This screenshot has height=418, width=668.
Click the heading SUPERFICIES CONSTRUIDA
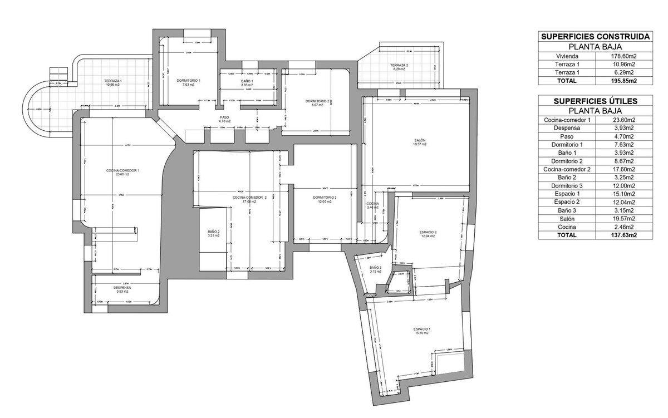pos(595,37)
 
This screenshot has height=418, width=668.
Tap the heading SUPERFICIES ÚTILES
pos(595,101)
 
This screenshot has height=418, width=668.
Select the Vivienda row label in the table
pos(567,56)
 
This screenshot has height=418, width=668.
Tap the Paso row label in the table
pos(567,136)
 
